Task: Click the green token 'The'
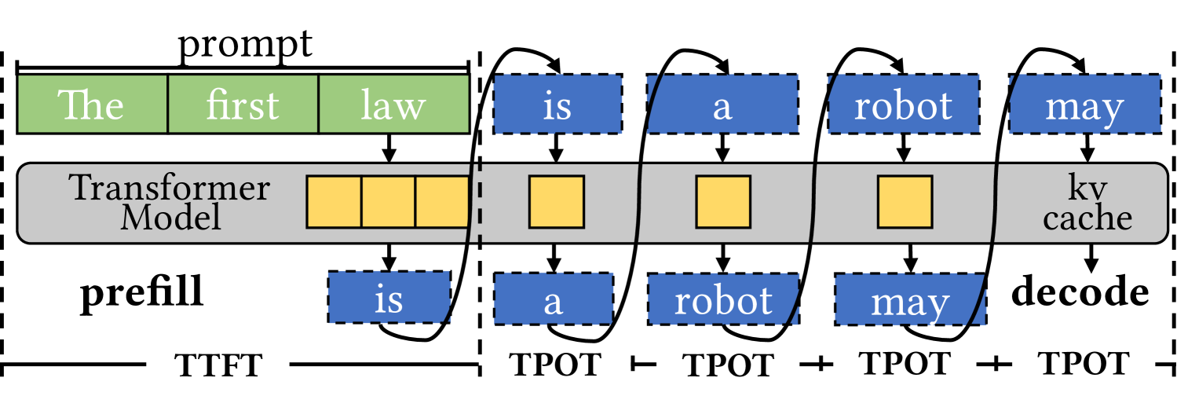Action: pyautogui.click(x=93, y=104)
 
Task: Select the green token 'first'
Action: pyautogui.click(x=243, y=104)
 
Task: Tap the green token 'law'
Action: pyautogui.click(x=393, y=104)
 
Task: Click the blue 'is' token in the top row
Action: pyautogui.click(x=557, y=104)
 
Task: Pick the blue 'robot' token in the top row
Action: pyautogui.click(x=904, y=104)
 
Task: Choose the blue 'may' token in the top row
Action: pyautogui.click(x=1084, y=104)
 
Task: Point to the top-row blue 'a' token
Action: pyautogui.click(x=722, y=104)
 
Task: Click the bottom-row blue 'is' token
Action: pyautogui.click(x=389, y=298)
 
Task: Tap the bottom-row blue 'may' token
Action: pyautogui.click(x=909, y=300)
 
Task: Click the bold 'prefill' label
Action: pyautogui.click(x=143, y=294)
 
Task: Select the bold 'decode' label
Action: pyautogui.click(x=1080, y=294)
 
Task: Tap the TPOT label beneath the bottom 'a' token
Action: pyautogui.click(x=555, y=367)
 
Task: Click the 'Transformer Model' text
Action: pyautogui.click(x=170, y=202)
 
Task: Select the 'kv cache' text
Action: pyautogui.click(x=1087, y=203)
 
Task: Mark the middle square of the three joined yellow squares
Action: pyautogui.click(x=388, y=202)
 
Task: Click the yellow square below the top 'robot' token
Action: pyautogui.click(x=905, y=202)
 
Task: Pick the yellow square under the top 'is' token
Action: pyautogui.click(x=557, y=202)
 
